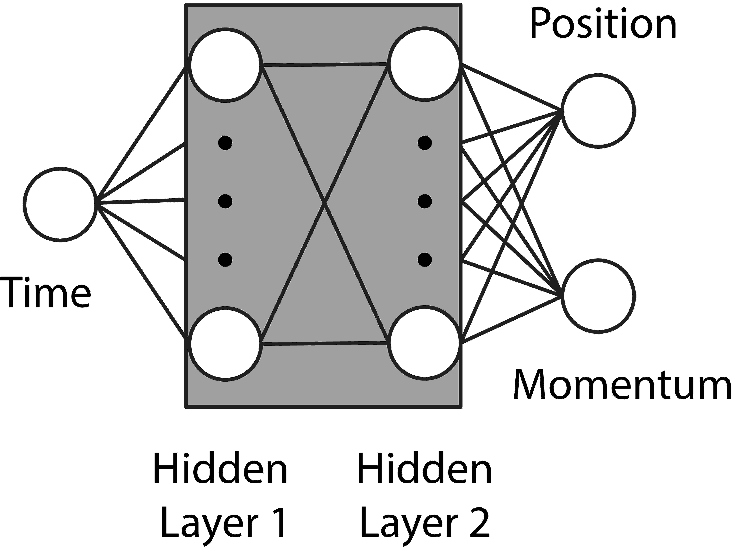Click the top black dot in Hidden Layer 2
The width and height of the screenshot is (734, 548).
425,143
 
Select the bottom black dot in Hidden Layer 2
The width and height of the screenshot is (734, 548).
425,259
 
